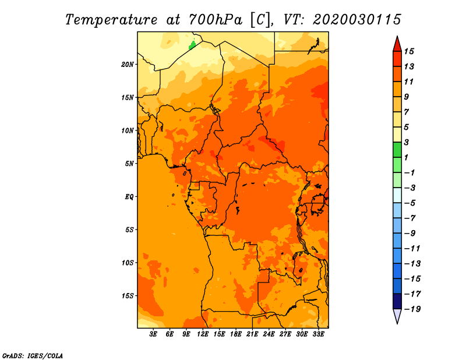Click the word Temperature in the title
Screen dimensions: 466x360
pyautogui.click(x=111, y=20)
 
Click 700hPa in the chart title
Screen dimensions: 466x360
pyautogui.click(x=216, y=20)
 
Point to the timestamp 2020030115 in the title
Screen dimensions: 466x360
pyautogui.click(x=357, y=20)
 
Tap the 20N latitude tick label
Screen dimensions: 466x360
pyautogui.click(x=128, y=65)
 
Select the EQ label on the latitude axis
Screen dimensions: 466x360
pyautogui.click(x=129, y=197)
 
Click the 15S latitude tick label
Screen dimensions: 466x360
pyautogui.click(x=128, y=296)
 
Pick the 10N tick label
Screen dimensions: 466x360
pyautogui.click(x=128, y=130)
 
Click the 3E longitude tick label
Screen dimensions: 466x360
pyautogui.click(x=153, y=334)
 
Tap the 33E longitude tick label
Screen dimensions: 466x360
pyautogui.click(x=318, y=334)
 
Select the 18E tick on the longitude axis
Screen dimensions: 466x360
pyautogui.click(x=236, y=334)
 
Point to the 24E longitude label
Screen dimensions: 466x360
pyautogui.click(x=269, y=334)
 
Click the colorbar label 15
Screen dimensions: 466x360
pyautogui.click(x=409, y=51)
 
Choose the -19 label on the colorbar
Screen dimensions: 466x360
pyautogui.click(x=412, y=309)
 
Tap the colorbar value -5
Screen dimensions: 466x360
pyautogui.click(x=411, y=203)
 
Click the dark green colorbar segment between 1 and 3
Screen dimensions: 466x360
pyautogui.click(x=397, y=150)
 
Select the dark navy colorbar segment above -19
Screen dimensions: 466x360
pyautogui.click(x=397, y=301)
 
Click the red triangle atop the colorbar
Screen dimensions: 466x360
pyautogui.click(x=397, y=44)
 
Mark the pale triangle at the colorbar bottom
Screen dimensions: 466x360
pyautogui.click(x=397, y=316)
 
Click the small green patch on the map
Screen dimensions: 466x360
pyautogui.click(x=192, y=45)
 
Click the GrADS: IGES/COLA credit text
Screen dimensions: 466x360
pyautogui.click(x=33, y=356)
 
